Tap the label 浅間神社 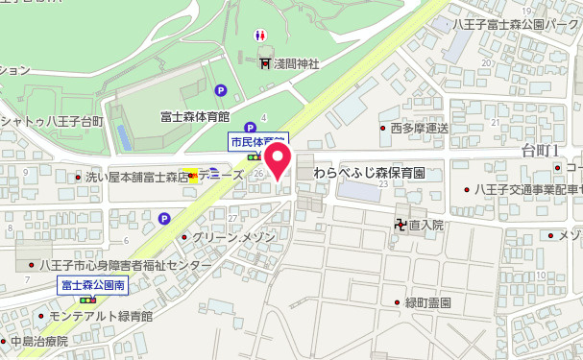pos(297,63)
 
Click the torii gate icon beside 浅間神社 pos(265,63)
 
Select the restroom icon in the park pos(259,35)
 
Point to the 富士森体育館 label pos(195,117)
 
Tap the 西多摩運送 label pos(420,128)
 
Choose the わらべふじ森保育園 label pos(369,174)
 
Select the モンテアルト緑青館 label pos(103,315)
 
